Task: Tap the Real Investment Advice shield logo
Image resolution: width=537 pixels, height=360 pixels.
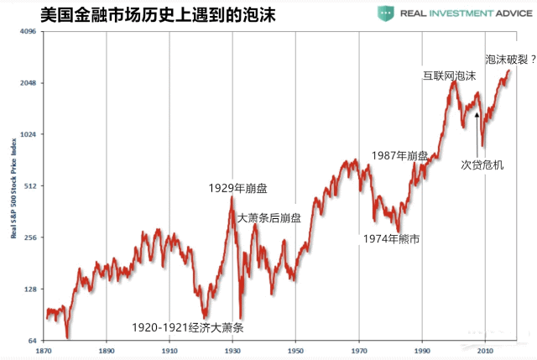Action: point(387,13)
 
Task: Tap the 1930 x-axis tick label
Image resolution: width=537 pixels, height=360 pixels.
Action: point(232,352)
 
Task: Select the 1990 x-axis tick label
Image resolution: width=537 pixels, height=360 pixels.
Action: point(422,352)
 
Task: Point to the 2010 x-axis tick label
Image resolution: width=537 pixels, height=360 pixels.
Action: point(485,352)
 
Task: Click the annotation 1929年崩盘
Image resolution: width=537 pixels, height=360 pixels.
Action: point(242,188)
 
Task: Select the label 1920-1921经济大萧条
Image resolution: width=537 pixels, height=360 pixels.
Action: point(189,328)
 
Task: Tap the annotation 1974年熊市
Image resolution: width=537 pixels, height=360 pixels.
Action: point(391,239)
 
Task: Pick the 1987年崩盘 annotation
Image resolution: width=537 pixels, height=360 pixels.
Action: point(399,156)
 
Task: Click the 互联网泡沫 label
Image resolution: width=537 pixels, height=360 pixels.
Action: point(449,75)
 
